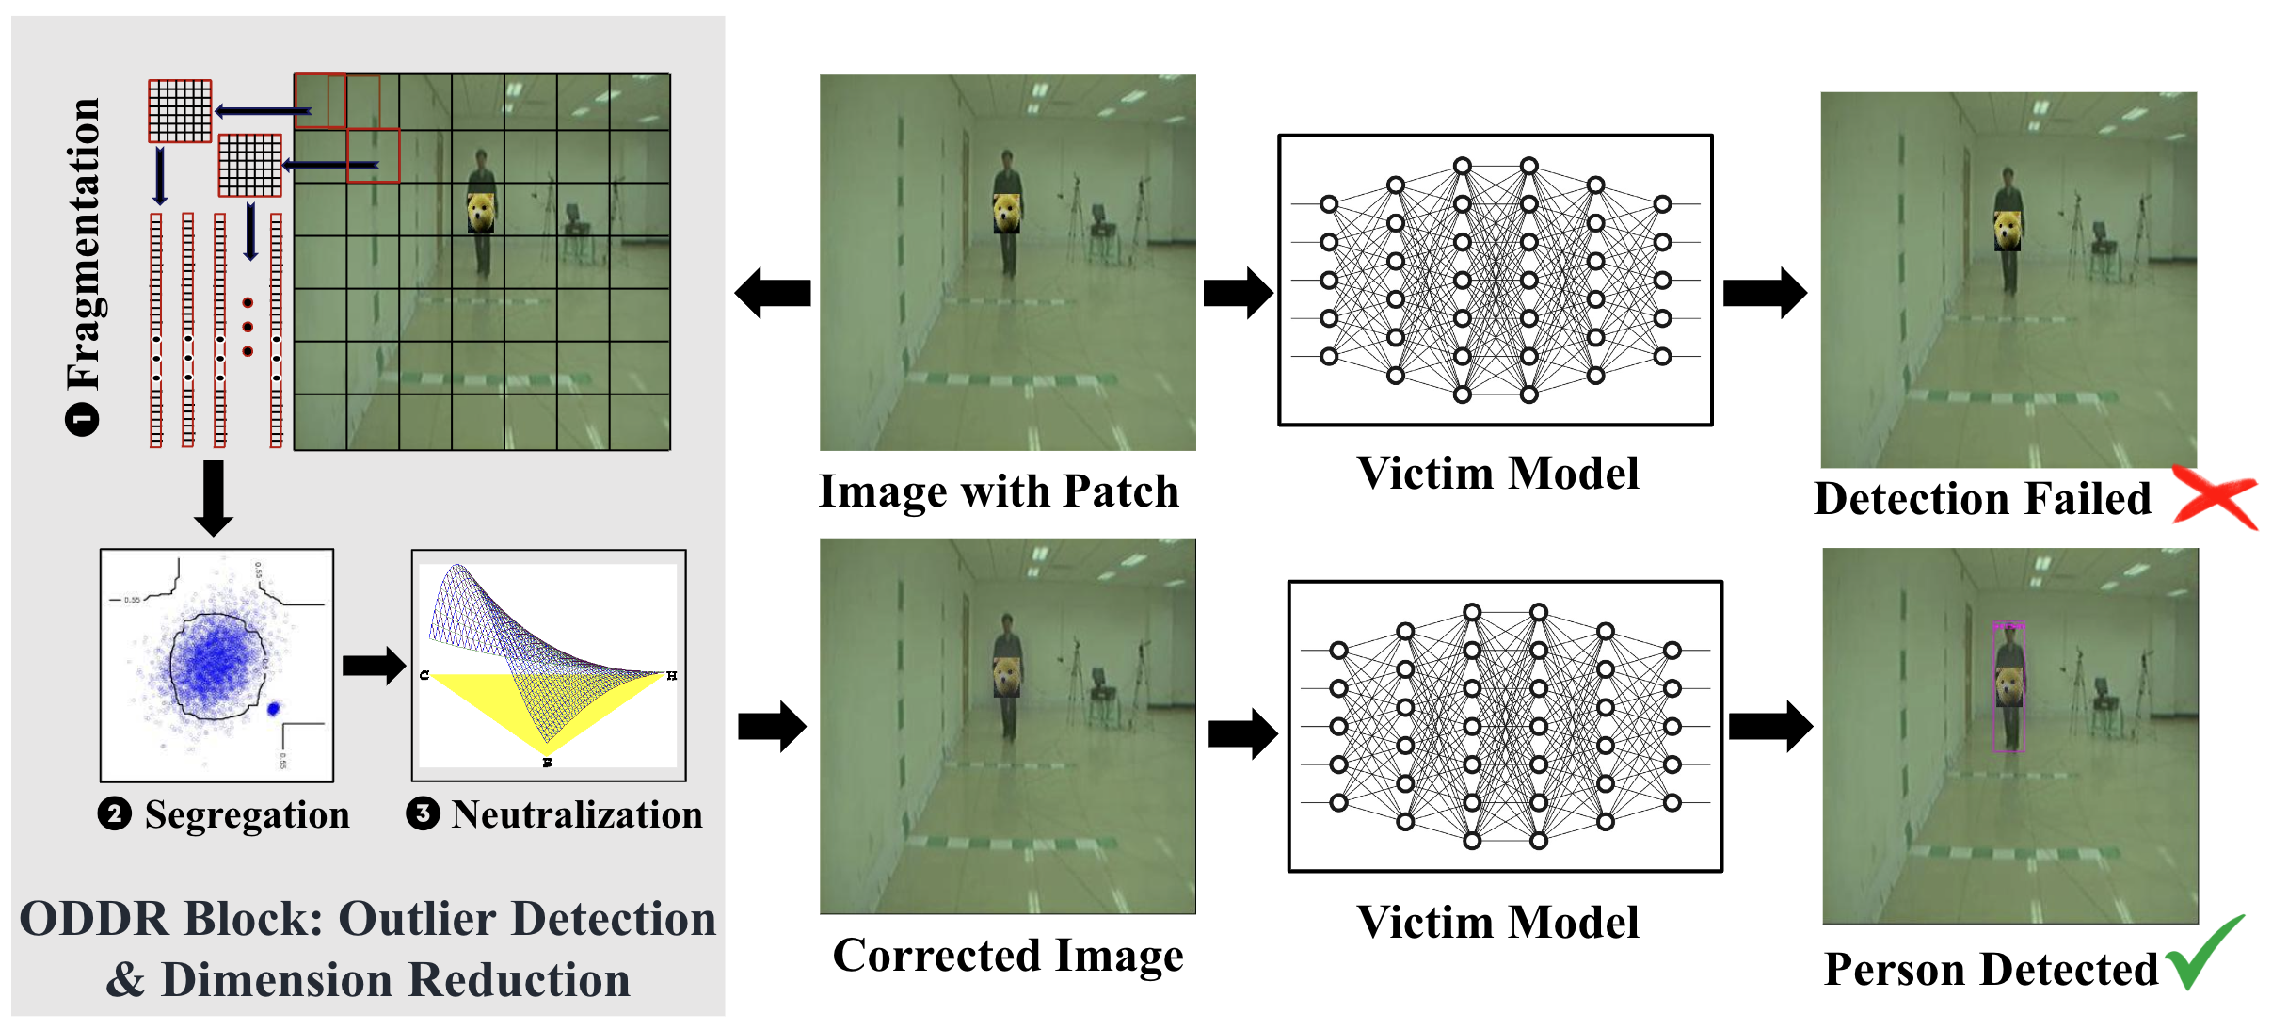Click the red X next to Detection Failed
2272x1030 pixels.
click(x=2215, y=497)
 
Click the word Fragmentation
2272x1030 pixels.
click(x=85, y=245)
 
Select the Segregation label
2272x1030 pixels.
click(x=247, y=814)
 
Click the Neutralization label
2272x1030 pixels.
click(x=576, y=814)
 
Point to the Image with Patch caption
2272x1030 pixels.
click(x=999, y=491)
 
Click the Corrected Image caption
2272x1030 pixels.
click(x=1008, y=956)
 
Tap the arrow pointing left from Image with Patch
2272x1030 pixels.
click(x=773, y=293)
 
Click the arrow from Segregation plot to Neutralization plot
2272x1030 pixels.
click(x=373, y=666)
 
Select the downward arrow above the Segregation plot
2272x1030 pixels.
click(x=214, y=497)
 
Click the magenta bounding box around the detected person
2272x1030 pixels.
click(x=2008, y=687)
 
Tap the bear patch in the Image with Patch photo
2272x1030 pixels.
click(x=1006, y=214)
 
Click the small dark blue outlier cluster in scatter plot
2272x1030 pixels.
click(x=274, y=708)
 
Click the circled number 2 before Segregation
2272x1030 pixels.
click(x=114, y=813)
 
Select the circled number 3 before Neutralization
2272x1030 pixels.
click(x=423, y=813)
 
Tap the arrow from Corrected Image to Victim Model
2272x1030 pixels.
click(x=1242, y=733)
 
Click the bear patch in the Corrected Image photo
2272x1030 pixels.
click(x=1007, y=676)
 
